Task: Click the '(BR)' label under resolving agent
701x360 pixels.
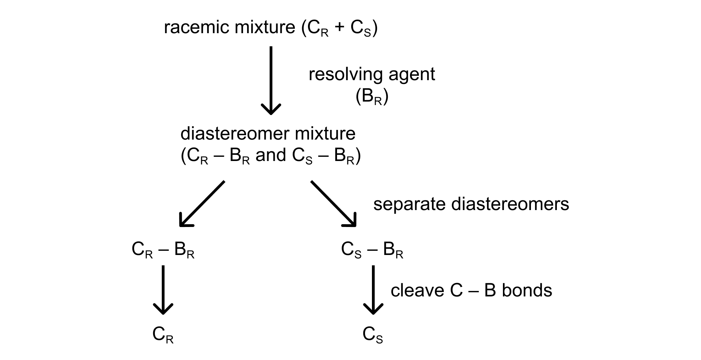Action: (372, 98)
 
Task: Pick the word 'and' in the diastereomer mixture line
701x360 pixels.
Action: (271, 155)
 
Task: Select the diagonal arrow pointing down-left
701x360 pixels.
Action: (202, 203)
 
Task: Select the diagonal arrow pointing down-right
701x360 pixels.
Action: (333, 203)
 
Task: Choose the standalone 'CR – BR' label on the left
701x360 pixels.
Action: (163, 250)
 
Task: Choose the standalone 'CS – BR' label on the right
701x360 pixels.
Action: (372, 250)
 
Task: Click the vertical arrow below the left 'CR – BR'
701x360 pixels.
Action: (163, 290)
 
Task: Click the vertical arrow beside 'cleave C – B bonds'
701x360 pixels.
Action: (373, 290)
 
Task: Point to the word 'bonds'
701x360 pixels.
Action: (527, 291)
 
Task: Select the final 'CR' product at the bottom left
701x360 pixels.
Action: (163, 335)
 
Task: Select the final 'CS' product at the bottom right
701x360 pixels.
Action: (373, 335)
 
